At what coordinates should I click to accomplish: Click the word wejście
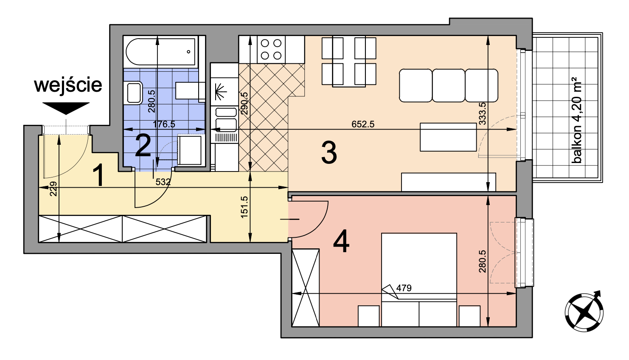(x=68, y=85)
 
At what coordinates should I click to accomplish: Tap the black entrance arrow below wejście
(x=66, y=108)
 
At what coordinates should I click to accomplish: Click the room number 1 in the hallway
(x=98, y=176)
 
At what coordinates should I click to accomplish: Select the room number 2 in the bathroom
(x=143, y=146)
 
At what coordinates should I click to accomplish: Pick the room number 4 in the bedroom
(x=341, y=241)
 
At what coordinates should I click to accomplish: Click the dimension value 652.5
(x=363, y=124)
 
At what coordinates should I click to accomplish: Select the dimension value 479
(x=404, y=288)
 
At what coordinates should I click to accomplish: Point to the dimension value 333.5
(x=482, y=114)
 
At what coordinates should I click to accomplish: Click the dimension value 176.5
(x=164, y=124)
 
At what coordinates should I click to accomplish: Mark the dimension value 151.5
(x=244, y=207)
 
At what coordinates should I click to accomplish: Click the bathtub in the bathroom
(x=160, y=52)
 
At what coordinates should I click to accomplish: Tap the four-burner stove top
(x=271, y=49)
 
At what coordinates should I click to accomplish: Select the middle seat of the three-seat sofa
(x=449, y=86)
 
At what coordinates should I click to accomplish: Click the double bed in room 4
(x=419, y=280)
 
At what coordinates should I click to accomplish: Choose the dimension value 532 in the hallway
(x=163, y=182)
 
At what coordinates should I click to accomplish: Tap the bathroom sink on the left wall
(x=134, y=93)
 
